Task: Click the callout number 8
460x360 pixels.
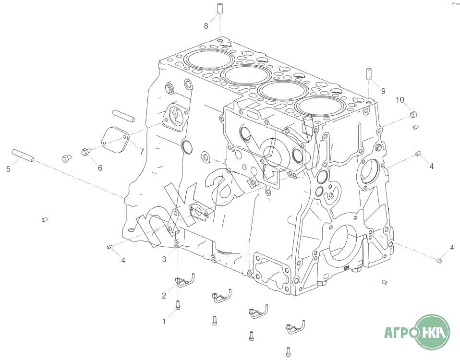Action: coord(206,26)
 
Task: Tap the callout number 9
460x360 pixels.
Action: coord(383,91)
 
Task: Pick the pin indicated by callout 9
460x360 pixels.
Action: coord(369,73)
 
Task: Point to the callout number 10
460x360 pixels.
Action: coord(400,100)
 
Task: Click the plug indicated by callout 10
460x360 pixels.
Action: coord(413,114)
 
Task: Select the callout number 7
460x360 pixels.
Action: coord(142,152)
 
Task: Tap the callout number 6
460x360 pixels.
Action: coord(100,168)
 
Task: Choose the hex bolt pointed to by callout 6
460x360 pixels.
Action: coord(85,152)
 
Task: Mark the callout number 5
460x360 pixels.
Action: coord(8,169)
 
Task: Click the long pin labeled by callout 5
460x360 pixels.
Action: coord(23,156)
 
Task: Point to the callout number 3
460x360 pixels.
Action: coord(164,259)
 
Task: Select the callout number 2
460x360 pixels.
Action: coord(164,296)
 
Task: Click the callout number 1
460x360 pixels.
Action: coord(164,322)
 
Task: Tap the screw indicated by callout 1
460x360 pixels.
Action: coord(178,305)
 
